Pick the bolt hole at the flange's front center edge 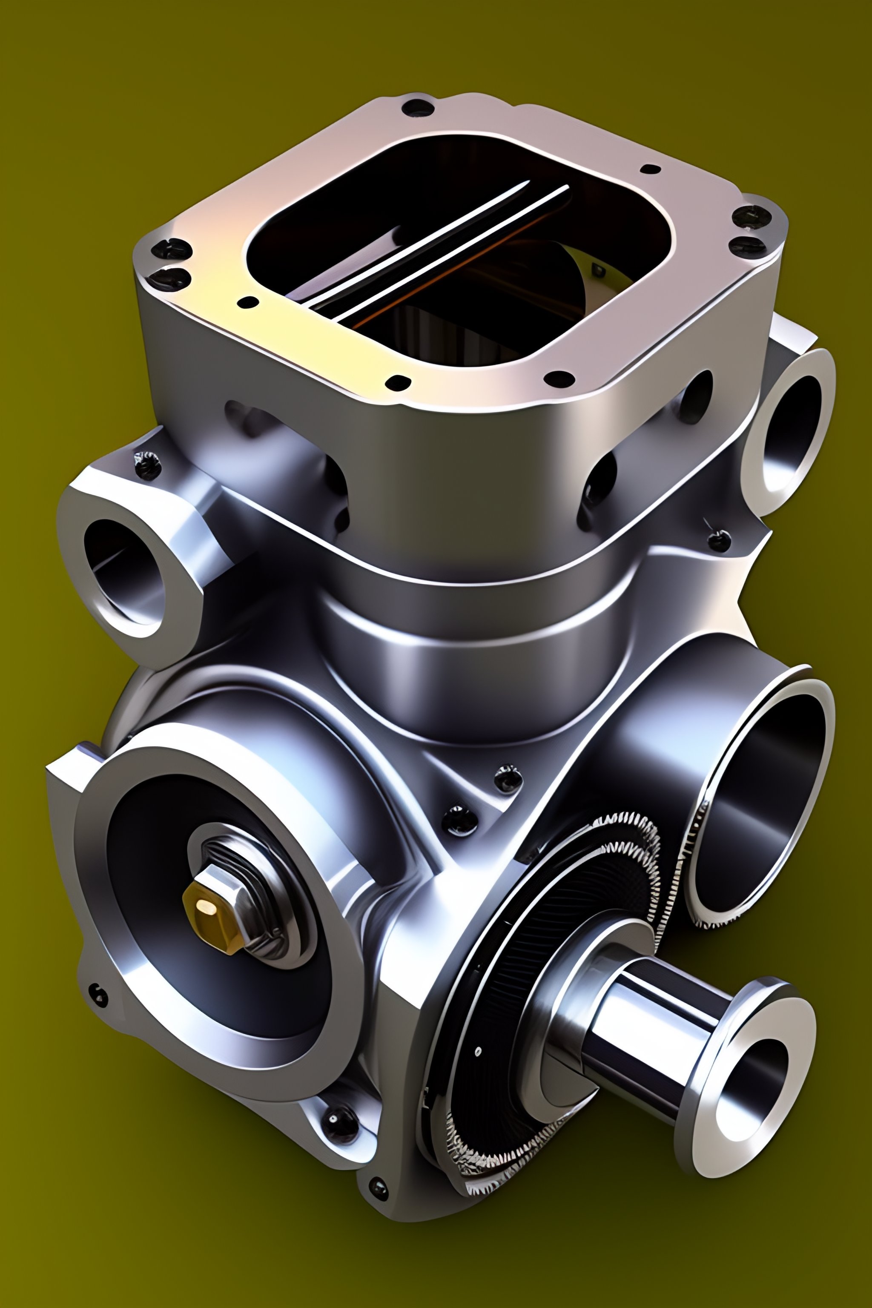pyautogui.click(x=398, y=382)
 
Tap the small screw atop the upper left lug pyautogui.click(x=148, y=465)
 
